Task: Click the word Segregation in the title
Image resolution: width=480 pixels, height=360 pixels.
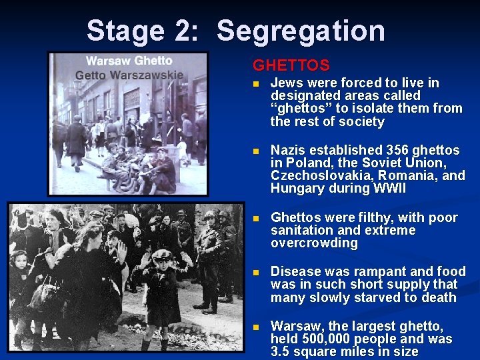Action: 301,31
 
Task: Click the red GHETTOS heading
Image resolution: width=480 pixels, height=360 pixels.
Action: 291,65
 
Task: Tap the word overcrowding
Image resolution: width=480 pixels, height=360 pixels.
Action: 314,243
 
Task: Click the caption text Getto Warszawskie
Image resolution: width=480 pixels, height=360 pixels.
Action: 129,75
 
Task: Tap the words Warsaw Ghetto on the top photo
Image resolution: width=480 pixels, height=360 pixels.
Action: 129,61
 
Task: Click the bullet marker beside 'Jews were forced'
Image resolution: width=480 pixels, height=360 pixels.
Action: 256,84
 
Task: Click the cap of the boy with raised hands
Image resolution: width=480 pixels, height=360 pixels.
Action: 162,255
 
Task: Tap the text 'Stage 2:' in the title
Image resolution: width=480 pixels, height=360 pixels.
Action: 142,31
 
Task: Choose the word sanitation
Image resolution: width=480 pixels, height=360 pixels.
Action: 303,231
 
